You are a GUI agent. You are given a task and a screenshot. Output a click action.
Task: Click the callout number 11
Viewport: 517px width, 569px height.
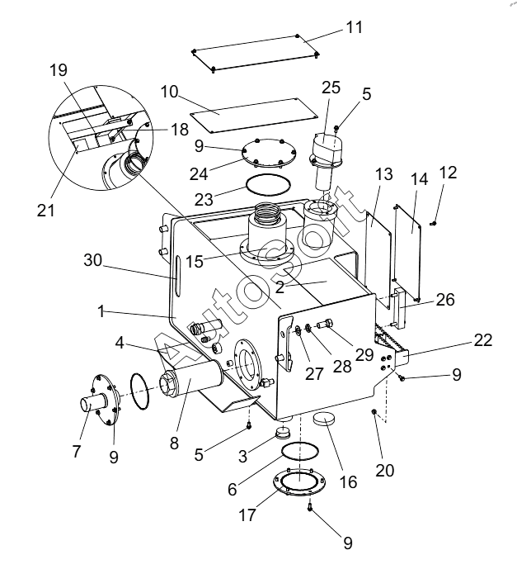coord(354,27)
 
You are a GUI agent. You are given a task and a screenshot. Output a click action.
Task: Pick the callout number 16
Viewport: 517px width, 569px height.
coord(348,481)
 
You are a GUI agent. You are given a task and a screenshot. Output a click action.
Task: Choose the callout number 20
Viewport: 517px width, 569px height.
coord(385,470)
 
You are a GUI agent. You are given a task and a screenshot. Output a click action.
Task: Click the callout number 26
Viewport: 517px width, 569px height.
coord(445,300)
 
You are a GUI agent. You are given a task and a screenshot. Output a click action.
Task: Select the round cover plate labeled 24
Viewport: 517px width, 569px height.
coord(269,154)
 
